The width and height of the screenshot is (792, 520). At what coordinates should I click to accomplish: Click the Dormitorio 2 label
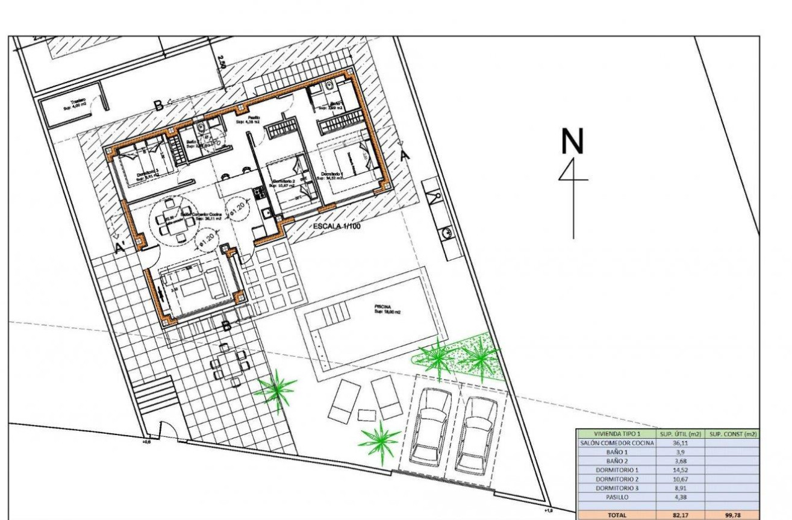tap(282, 181)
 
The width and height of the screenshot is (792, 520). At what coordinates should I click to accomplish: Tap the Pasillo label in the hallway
tap(253, 118)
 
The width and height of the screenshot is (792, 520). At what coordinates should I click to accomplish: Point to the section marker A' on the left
tap(120, 246)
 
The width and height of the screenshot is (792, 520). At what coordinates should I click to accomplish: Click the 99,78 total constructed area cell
tap(732, 515)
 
